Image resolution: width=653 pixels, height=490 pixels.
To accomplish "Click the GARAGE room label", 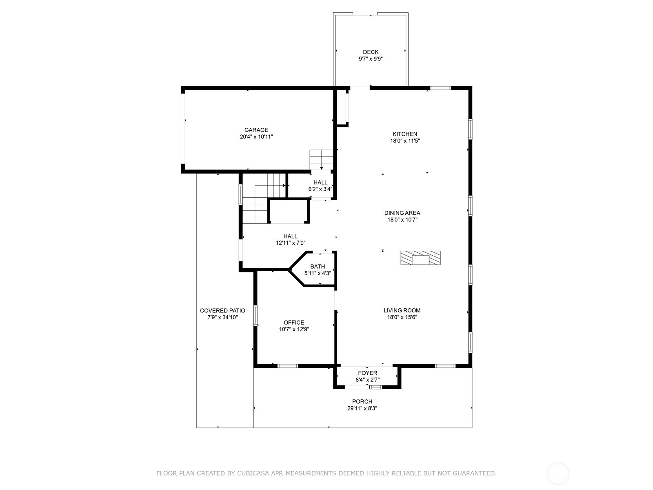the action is pos(256,130).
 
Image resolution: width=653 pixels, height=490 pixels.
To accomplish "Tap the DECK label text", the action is pos(371,52).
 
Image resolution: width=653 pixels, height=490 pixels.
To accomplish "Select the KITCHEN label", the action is pos(405,134).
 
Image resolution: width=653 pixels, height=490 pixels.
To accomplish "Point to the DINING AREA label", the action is pos(402,213).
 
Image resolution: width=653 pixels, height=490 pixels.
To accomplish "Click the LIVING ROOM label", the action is pos(402,311).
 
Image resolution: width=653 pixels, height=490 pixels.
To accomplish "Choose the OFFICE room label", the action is pos(294,323).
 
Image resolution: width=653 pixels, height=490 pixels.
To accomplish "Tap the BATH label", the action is pos(318,267).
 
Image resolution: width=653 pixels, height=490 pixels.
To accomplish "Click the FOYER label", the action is pos(368,373).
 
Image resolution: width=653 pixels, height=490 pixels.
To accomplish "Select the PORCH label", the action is pos(362,402).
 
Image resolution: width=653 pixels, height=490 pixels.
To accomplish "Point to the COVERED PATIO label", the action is pos(222,311).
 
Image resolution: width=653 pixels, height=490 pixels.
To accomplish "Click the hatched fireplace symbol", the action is pos(420,258).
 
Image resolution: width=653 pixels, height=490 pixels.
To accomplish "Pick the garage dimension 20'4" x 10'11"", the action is pos(256,137).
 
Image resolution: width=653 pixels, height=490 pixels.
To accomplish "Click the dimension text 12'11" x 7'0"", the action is pos(291,243).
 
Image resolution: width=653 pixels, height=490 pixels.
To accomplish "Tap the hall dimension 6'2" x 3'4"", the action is pos(320,189).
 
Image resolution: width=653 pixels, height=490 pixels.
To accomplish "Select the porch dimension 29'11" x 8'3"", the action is pos(362,408).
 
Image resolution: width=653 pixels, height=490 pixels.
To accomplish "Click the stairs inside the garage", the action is pos(321,160).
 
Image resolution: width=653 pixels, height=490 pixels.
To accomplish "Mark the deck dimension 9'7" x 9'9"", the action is pos(371,59).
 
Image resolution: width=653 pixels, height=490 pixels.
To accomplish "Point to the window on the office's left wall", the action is pos(255,315).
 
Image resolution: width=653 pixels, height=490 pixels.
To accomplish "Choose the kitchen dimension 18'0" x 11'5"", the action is pos(405,141).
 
